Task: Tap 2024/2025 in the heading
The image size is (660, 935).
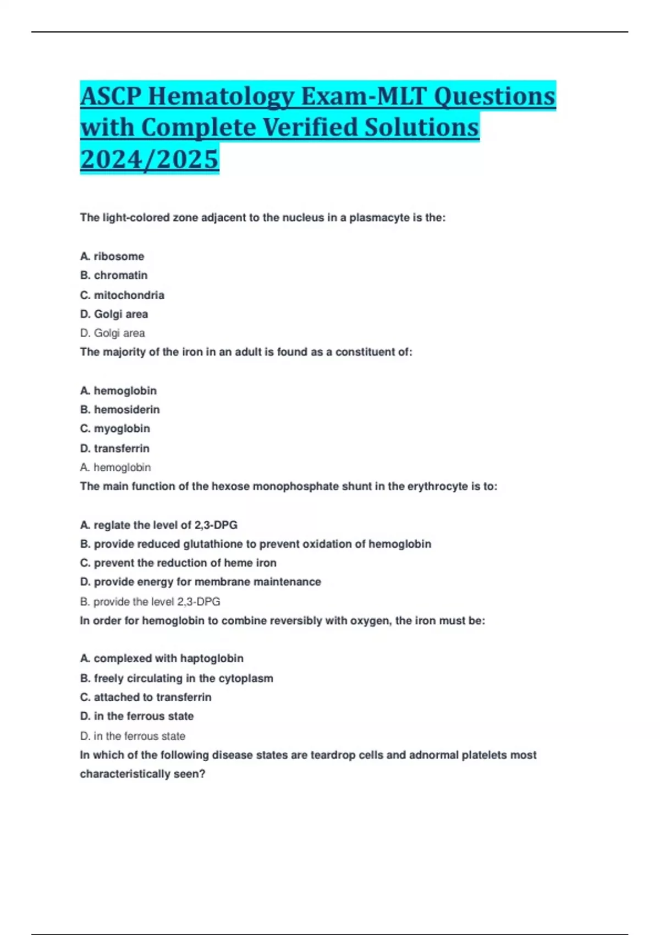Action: pos(150,159)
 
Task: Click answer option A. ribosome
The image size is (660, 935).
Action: pos(112,256)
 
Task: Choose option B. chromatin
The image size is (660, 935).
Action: pos(114,275)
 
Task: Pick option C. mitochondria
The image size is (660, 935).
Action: pos(122,295)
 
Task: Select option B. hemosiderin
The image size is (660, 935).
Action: pos(120,410)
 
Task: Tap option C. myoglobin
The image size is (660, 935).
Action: pos(115,428)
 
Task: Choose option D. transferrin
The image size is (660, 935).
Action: pos(115,448)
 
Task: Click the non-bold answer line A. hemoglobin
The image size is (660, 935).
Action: pos(116,468)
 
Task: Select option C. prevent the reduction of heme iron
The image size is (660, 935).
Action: pos(178,563)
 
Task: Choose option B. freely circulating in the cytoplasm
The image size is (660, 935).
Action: pos(177,679)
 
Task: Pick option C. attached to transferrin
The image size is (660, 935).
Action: pos(146,697)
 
